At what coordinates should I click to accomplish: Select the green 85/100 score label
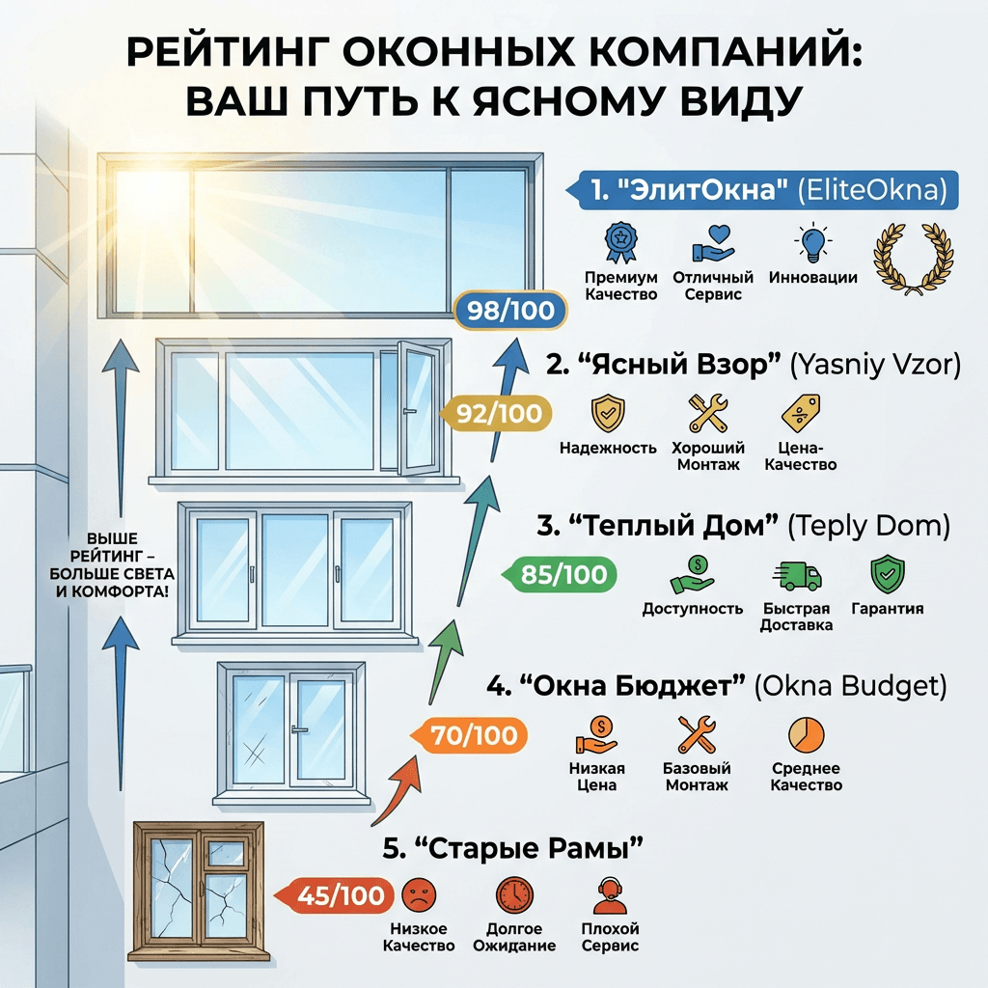(564, 575)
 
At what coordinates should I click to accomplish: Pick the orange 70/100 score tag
(474, 736)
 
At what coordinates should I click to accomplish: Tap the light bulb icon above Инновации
(812, 243)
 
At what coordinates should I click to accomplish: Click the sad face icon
(417, 893)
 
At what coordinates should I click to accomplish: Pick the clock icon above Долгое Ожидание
(513, 894)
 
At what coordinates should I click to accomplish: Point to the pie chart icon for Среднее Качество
(806, 735)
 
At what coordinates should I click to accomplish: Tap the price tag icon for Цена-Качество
(800, 413)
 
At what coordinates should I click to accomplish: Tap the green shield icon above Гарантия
(887, 574)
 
